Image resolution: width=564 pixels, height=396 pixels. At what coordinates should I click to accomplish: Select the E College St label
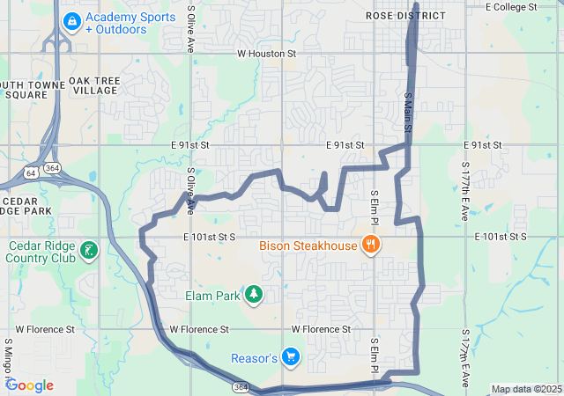511,6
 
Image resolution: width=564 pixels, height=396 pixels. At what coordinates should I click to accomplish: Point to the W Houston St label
267,54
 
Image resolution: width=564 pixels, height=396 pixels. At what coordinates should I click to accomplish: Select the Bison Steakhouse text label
307,246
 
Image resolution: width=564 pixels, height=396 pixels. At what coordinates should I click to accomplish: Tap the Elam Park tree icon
254,294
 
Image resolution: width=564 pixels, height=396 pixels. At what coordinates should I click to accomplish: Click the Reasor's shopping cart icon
291,357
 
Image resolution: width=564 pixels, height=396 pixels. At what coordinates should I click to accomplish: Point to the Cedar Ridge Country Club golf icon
88,252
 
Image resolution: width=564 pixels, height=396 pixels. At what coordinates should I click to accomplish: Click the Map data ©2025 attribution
526,389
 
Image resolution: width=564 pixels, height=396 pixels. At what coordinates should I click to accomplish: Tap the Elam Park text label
211,296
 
